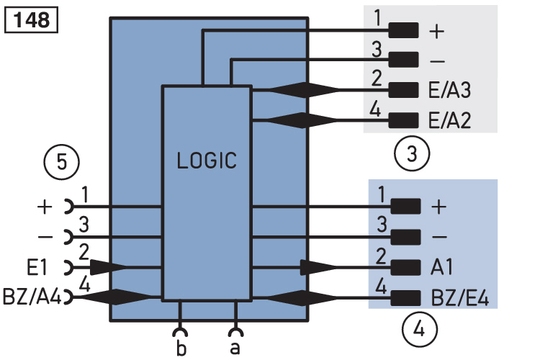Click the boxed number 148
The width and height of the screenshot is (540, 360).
point(32,21)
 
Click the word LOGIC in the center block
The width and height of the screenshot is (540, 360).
point(207,161)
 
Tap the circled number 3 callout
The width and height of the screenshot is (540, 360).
point(412,153)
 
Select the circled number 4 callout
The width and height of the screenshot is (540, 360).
point(419,330)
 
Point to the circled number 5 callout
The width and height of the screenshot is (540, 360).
point(62,162)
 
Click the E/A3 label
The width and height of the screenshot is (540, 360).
point(449,91)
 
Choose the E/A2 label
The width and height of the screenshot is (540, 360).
point(449,120)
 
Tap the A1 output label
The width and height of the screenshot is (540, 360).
point(442,267)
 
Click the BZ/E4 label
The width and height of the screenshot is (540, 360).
point(460,297)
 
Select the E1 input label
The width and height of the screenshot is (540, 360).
point(37,267)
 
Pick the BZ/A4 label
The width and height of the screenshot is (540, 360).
point(32,297)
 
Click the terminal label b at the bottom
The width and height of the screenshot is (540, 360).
point(181,348)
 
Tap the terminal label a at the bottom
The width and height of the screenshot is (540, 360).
point(235,348)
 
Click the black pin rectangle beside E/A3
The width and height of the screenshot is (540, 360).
point(404,90)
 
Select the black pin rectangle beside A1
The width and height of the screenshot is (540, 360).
point(405,267)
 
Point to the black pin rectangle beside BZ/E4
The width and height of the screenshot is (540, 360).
point(405,297)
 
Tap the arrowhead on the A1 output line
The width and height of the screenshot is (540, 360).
point(318,267)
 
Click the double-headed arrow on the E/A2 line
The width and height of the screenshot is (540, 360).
point(302,120)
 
